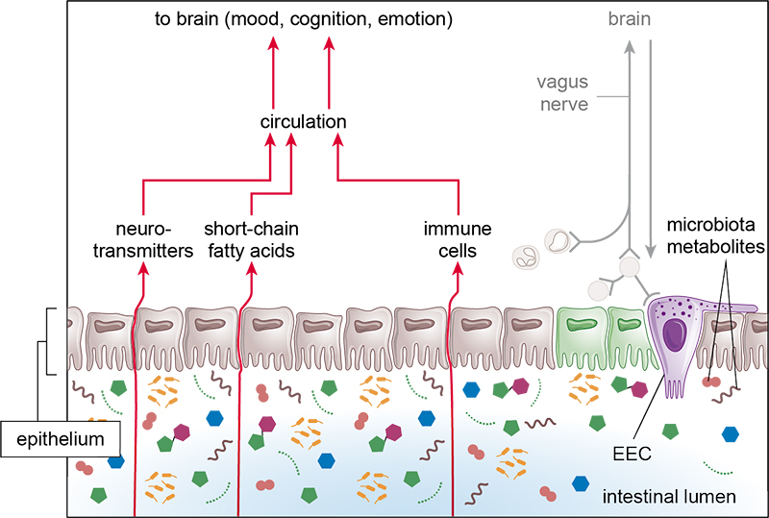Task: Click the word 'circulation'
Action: tap(303, 122)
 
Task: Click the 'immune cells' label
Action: tap(458, 239)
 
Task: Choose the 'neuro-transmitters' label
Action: tap(143, 239)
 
